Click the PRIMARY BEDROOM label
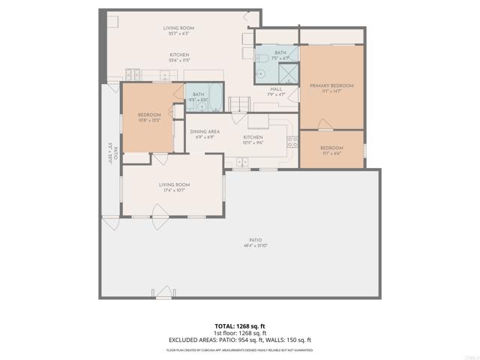[331, 88]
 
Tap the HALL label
[277, 91]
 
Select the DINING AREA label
[204, 134]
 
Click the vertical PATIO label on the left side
[113, 153]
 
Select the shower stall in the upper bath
[288, 71]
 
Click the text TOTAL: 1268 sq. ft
[239, 326]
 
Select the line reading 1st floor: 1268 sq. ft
[239, 333]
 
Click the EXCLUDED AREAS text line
[239, 340]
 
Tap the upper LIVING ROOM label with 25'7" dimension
[179, 31]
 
